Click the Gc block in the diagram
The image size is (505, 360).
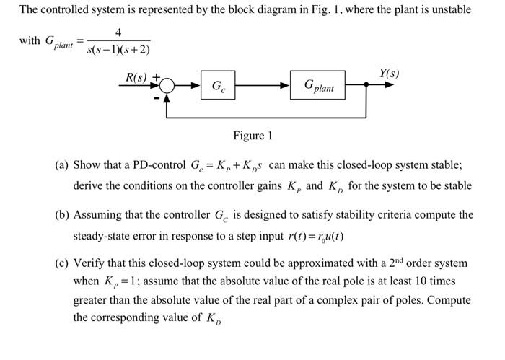click(x=218, y=87)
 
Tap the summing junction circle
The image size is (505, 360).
click(x=167, y=86)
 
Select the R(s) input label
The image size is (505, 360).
click(x=136, y=76)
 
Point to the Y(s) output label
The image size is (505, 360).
click(x=388, y=74)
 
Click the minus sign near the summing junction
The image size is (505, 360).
click(x=154, y=97)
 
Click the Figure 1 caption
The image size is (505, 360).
click(x=252, y=136)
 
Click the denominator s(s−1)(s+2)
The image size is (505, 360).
click(x=118, y=50)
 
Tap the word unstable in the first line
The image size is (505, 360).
click(x=450, y=10)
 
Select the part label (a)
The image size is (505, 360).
click(x=63, y=165)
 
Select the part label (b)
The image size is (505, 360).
click(x=63, y=215)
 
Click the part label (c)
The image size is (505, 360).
click(x=63, y=263)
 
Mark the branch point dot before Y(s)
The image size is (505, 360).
click(x=367, y=85)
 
